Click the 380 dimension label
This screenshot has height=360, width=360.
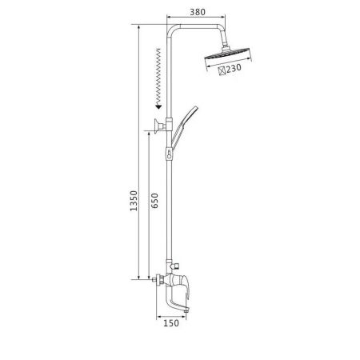click(x=198, y=12)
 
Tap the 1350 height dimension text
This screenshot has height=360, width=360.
click(x=134, y=201)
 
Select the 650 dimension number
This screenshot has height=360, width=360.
click(x=154, y=201)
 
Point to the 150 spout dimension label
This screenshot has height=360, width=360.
click(x=171, y=323)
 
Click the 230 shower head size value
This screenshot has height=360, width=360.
click(x=234, y=68)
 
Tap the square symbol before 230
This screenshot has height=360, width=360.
click(x=222, y=70)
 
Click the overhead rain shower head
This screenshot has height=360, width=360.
click(x=227, y=54)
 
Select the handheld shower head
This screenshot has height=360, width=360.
click(x=184, y=127)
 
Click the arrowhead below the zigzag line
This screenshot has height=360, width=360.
click(x=158, y=107)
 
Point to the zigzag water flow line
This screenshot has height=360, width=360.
click(x=158, y=77)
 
